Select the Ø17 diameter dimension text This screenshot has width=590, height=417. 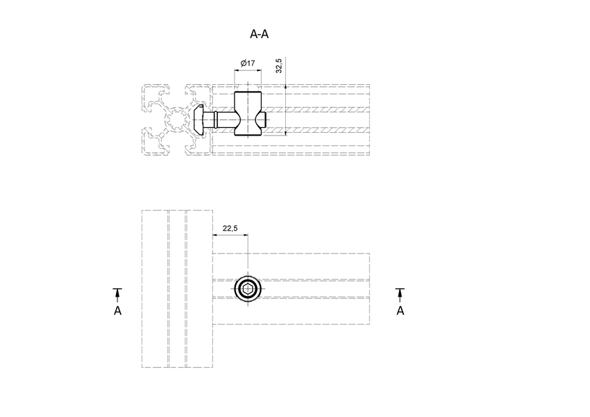tap(248, 63)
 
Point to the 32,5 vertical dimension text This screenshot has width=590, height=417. tap(279, 65)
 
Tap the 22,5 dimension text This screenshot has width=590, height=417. tap(230, 228)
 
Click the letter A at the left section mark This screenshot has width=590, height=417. tap(118, 310)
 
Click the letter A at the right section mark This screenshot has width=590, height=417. tap(401, 310)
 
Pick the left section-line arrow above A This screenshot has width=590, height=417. tap(118, 293)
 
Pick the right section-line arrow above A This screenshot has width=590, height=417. tap(401, 293)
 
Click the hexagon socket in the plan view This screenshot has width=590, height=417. tap(248, 290)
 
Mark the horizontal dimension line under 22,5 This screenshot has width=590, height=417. tap(230, 235)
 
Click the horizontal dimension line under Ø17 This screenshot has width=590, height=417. tap(248, 70)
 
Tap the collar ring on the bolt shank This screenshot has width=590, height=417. tap(215, 120)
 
